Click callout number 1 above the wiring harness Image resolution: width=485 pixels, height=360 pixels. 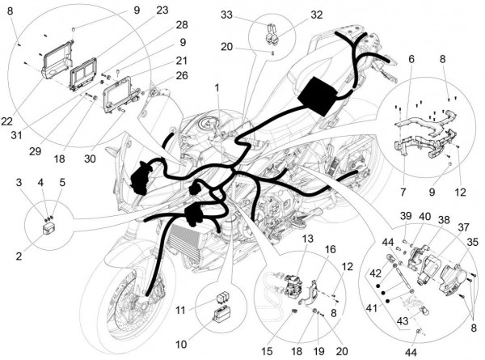(216, 87)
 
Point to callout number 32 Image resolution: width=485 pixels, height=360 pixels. (293, 14)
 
